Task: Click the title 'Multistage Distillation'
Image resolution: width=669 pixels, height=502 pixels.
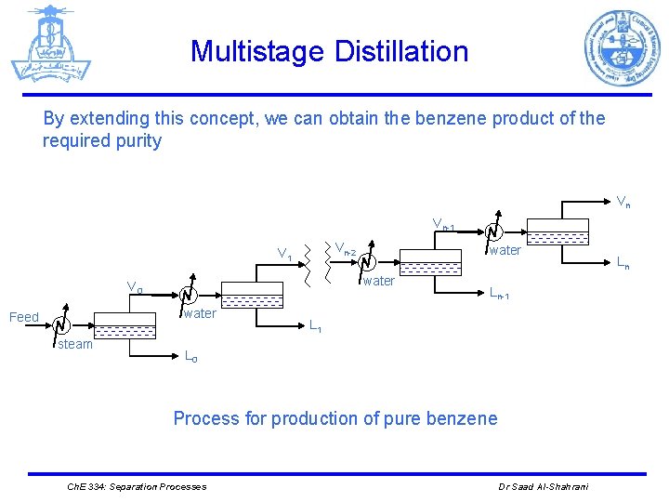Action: pyautogui.click(x=329, y=51)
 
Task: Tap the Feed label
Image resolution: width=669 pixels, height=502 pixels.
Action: pyautogui.click(x=23, y=317)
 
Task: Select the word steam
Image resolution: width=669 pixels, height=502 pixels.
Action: pyautogui.click(x=75, y=344)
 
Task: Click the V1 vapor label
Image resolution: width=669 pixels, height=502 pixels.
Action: pyautogui.click(x=285, y=254)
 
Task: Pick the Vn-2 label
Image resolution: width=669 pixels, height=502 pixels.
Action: pyautogui.click(x=345, y=248)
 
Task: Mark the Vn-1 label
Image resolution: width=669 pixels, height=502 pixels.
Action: pyautogui.click(x=442, y=224)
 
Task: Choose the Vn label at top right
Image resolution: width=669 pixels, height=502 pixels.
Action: pyautogui.click(x=624, y=201)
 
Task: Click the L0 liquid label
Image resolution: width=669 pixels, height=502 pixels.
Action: pyautogui.click(x=190, y=355)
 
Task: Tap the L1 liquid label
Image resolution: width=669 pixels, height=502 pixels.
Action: pyautogui.click(x=316, y=326)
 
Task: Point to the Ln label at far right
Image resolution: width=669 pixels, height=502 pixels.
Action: pyautogui.click(x=622, y=265)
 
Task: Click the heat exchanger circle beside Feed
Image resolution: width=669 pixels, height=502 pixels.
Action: pyautogui.click(x=60, y=325)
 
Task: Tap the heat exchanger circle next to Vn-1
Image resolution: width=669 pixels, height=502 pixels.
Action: pyautogui.click(x=493, y=231)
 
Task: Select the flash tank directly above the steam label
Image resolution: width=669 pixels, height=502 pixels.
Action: pyautogui.click(x=125, y=325)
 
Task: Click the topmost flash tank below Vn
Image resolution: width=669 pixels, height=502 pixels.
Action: pyautogui.click(x=557, y=231)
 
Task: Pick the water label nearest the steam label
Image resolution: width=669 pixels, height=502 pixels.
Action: pyautogui.click(x=200, y=313)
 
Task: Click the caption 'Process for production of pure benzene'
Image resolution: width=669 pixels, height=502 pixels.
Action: pyautogui.click(x=334, y=418)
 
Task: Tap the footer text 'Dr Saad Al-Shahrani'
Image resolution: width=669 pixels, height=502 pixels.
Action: pyautogui.click(x=544, y=487)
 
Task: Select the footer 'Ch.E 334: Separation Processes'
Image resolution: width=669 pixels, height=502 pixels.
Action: pyautogui.click(x=138, y=487)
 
